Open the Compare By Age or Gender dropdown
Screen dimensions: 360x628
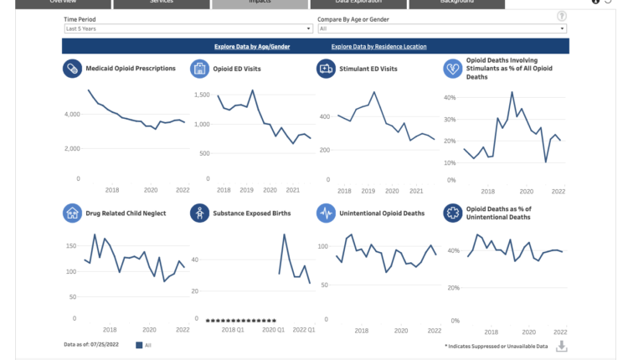[441, 28]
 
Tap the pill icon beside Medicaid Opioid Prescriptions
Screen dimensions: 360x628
[72, 69]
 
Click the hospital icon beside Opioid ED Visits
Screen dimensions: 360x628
[199, 69]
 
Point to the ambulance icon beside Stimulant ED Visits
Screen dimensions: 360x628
[326, 69]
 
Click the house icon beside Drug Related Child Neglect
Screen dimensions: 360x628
[72, 213]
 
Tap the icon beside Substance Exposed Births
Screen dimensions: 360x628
[199, 213]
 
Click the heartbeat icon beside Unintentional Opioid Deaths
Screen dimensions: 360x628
[326, 213]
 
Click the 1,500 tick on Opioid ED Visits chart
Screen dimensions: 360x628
[202, 95]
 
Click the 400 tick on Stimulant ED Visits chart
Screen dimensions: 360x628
[327, 116]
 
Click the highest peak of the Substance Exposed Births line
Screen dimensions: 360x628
[286, 234]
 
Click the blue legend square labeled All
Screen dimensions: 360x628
[139, 344]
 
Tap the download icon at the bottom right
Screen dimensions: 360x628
[562, 346]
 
